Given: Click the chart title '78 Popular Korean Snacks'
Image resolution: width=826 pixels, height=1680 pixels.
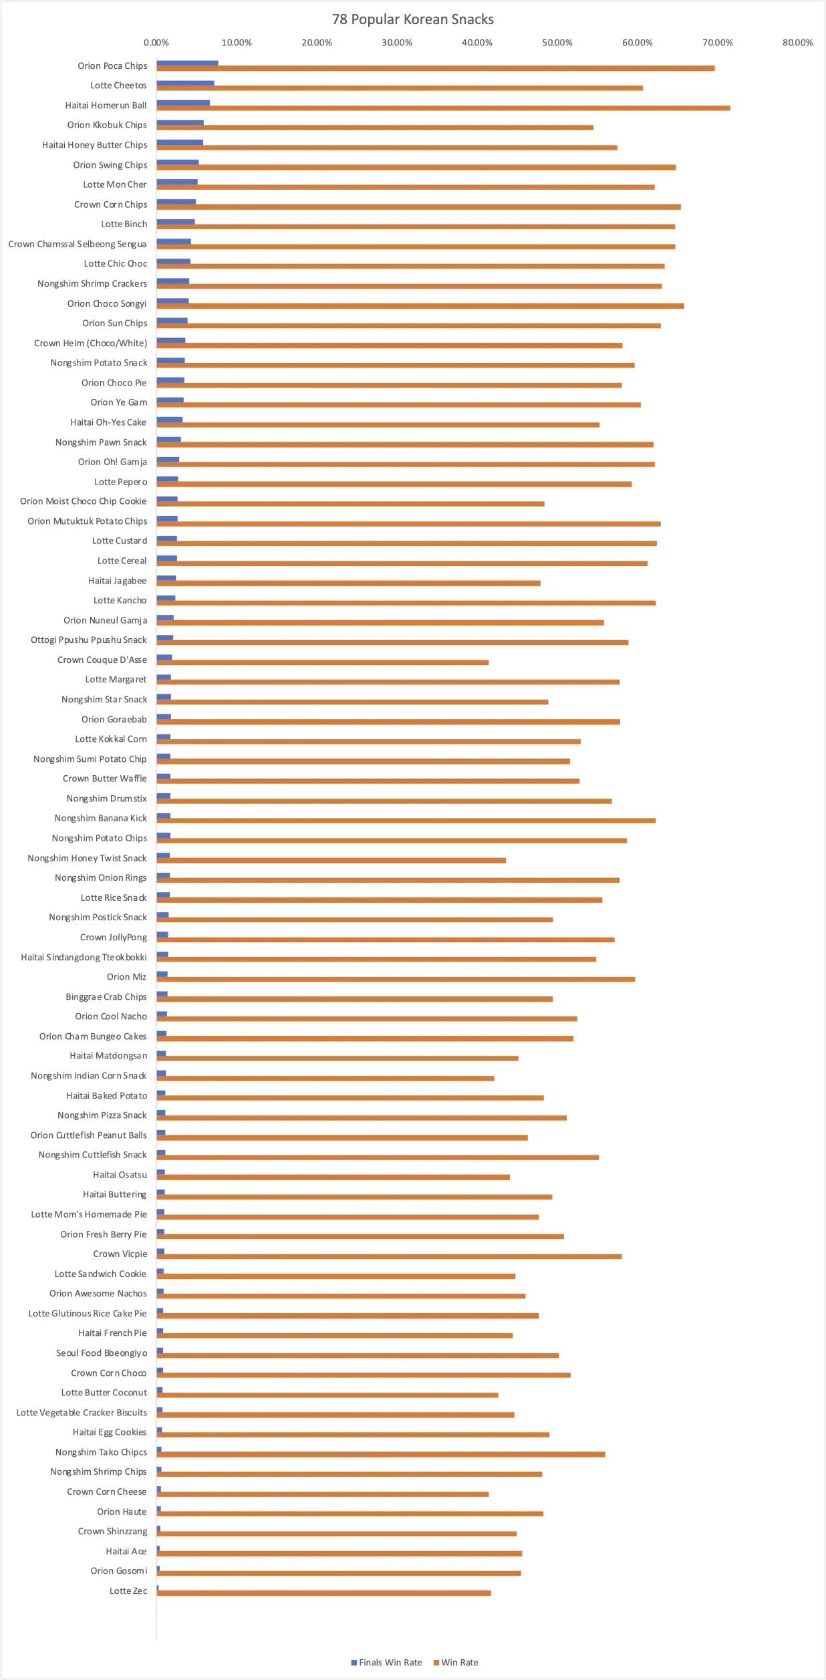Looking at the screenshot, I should click(x=412, y=19).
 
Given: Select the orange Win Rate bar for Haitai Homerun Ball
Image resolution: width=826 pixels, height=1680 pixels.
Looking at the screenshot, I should click(x=443, y=108).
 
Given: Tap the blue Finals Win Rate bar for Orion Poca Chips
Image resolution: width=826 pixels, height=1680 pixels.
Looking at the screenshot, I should click(x=187, y=63).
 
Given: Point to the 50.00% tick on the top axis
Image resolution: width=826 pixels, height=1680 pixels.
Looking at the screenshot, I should click(x=557, y=43).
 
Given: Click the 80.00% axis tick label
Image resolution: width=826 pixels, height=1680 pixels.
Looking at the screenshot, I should click(x=797, y=43).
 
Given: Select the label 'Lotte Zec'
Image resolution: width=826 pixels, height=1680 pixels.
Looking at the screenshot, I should click(x=128, y=1590).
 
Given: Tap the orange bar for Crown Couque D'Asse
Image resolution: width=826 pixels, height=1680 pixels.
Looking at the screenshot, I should click(x=322, y=662).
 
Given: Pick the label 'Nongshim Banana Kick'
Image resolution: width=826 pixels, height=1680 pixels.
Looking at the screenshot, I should click(x=100, y=818).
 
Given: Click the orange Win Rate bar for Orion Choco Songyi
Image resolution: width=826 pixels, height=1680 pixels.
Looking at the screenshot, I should click(x=420, y=306).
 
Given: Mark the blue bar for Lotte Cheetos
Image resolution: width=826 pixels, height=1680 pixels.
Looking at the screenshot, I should click(x=185, y=83).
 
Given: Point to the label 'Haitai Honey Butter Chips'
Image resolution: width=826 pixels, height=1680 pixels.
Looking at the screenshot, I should click(x=94, y=145).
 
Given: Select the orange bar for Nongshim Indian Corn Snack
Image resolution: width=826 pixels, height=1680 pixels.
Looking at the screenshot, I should click(x=325, y=1078).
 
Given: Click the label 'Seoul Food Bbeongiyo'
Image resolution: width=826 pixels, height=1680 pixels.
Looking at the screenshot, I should click(x=102, y=1353).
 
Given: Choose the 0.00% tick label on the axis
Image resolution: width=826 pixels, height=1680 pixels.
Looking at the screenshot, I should click(x=156, y=43).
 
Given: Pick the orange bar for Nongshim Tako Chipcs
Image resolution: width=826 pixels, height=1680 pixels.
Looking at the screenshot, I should click(x=380, y=1454).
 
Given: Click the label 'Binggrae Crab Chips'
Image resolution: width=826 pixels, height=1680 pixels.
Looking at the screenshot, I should click(x=106, y=996).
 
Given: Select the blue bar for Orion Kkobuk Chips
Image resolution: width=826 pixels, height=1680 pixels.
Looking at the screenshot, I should click(x=180, y=123).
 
